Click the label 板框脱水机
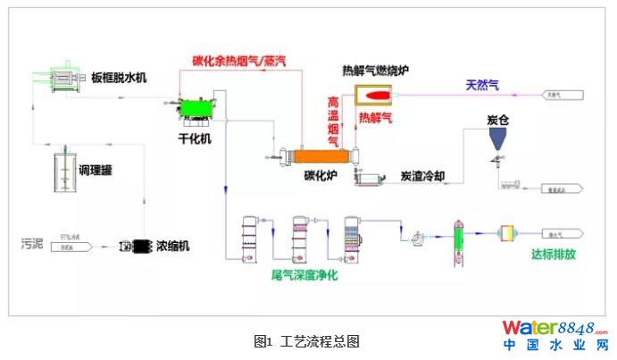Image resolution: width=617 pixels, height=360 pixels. (x=119, y=78)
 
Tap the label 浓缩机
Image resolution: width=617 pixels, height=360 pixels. (x=173, y=245)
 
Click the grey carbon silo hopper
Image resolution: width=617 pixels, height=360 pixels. (x=497, y=138)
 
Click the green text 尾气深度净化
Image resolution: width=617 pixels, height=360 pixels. (x=304, y=274)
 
